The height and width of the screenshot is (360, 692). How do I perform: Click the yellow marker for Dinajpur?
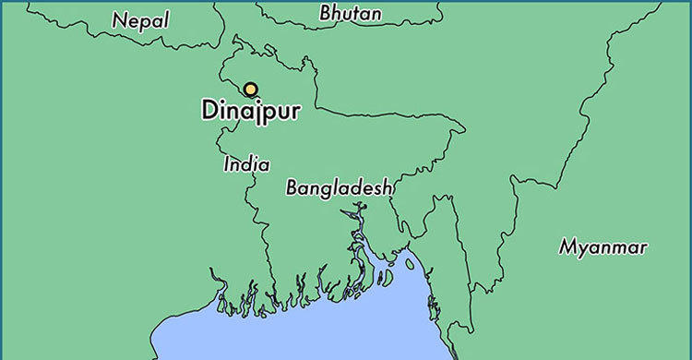pyautogui.click(x=250, y=90)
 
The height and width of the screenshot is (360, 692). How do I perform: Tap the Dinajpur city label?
pyautogui.click(x=250, y=110)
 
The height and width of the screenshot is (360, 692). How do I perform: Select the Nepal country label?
pyautogui.click(x=140, y=19)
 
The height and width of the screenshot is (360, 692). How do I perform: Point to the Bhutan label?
pyautogui.click(x=349, y=13)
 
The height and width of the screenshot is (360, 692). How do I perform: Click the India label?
pyautogui.click(x=246, y=165)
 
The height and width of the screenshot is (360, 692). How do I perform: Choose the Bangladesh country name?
pyautogui.click(x=340, y=187)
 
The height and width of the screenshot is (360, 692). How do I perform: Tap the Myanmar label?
pyautogui.click(x=603, y=247)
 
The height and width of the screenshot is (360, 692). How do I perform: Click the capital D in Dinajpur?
pyautogui.click(x=209, y=110)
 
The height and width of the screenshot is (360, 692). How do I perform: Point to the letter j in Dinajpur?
pyautogui.click(x=256, y=112)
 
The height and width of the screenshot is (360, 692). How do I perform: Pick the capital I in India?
pyautogui.click(x=227, y=165)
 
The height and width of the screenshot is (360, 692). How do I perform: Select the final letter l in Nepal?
pyautogui.click(x=166, y=18)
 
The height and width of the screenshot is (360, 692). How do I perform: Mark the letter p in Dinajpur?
pyautogui.click(x=268, y=113)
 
